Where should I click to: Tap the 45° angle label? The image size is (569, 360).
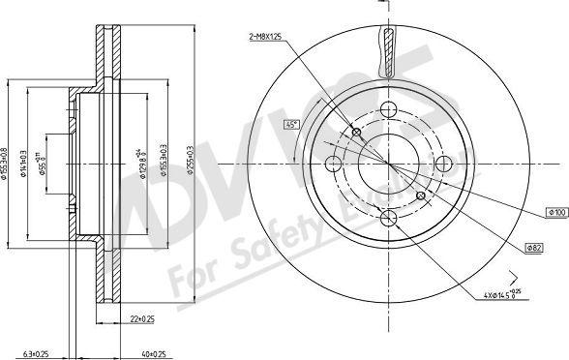(x=290, y=124)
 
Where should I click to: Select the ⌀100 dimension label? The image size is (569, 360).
(x=556, y=211)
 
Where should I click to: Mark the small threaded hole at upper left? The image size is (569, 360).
(x=357, y=132)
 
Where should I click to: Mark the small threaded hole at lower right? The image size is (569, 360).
(x=420, y=196)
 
